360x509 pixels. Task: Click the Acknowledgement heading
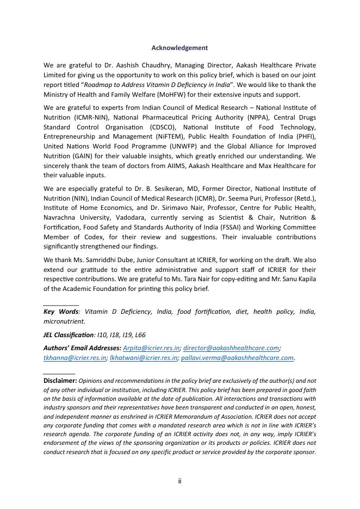tap(179, 48)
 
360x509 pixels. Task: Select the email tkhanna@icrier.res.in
tap(75, 358)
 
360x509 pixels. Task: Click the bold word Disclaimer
tap(60, 381)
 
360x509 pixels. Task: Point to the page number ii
tap(179, 481)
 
